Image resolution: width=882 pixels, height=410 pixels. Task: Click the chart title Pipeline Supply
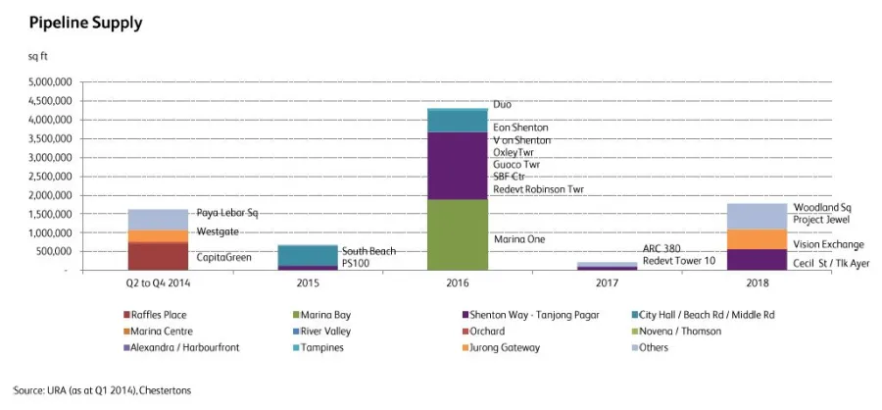[73, 21]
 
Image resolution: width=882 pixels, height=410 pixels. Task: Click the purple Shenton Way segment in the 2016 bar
[458, 165]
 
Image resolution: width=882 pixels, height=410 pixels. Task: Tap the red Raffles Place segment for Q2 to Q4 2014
[159, 255]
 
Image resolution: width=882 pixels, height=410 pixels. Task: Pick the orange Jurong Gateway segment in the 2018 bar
[758, 239]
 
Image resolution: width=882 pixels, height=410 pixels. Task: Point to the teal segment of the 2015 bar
[308, 255]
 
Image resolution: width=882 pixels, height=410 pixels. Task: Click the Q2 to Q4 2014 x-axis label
[159, 283]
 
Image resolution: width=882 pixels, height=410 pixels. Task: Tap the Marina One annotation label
[519, 239]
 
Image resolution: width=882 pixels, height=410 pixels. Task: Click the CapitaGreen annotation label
[224, 258]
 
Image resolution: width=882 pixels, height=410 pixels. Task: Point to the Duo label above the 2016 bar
[502, 104]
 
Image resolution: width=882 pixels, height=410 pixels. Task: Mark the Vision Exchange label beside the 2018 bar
[828, 244]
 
